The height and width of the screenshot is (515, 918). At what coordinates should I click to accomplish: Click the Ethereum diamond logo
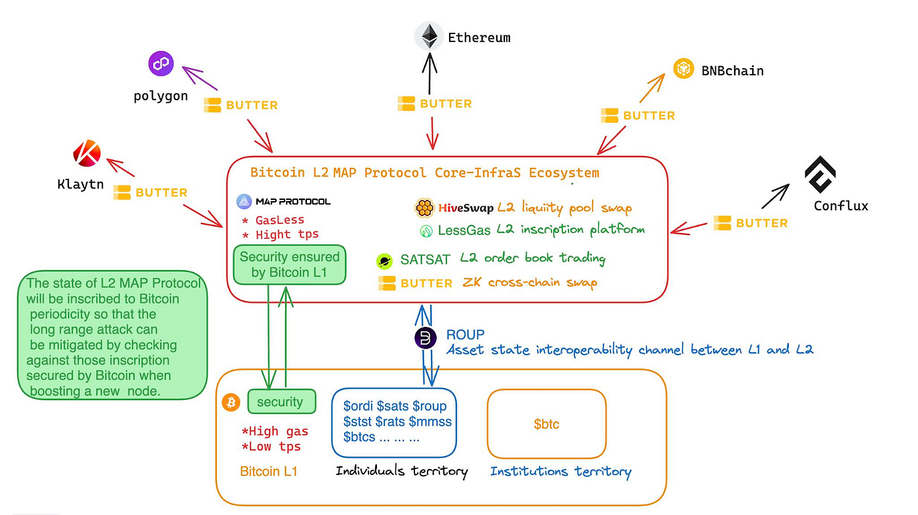click(x=429, y=37)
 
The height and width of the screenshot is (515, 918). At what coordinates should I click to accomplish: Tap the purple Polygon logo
click(x=161, y=64)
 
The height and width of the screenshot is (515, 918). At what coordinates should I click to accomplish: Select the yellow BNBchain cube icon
click(x=684, y=69)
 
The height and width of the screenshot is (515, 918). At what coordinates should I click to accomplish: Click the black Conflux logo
click(x=820, y=174)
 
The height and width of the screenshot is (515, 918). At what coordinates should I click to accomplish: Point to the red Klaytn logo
click(x=87, y=155)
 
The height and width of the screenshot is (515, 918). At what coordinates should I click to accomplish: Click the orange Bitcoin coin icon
click(x=230, y=402)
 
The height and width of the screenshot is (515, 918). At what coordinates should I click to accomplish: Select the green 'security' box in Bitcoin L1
click(x=281, y=402)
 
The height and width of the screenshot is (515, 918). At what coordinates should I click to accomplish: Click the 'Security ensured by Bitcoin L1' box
click(x=290, y=265)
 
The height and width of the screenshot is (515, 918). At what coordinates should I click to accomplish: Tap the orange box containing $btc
click(x=546, y=424)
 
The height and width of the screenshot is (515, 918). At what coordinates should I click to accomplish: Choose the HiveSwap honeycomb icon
click(x=424, y=208)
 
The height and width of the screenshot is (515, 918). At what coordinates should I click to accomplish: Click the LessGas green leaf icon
click(x=426, y=231)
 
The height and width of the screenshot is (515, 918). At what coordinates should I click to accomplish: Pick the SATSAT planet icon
click(x=384, y=261)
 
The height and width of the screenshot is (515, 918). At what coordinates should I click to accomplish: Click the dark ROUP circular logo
click(x=426, y=338)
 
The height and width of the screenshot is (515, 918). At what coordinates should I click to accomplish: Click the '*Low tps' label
click(x=271, y=447)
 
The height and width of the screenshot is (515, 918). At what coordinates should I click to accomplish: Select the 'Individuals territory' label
click(x=401, y=470)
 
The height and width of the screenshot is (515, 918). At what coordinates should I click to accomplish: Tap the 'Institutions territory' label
click(x=561, y=471)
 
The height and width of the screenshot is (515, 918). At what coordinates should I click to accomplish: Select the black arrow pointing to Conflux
click(x=775, y=196)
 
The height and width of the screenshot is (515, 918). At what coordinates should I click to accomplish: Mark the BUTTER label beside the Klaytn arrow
click(x=151, y=193)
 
